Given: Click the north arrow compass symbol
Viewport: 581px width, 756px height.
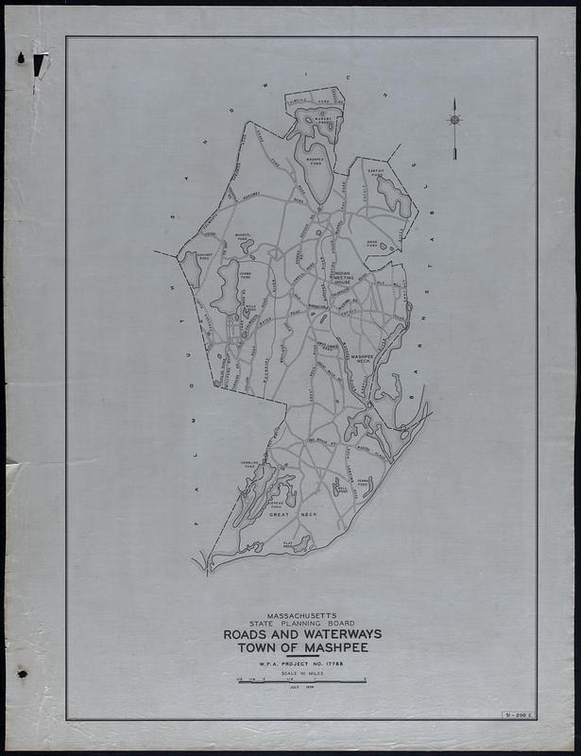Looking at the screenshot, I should click(454, 120).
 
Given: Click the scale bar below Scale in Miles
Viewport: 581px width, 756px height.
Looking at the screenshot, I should click(302, 681).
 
